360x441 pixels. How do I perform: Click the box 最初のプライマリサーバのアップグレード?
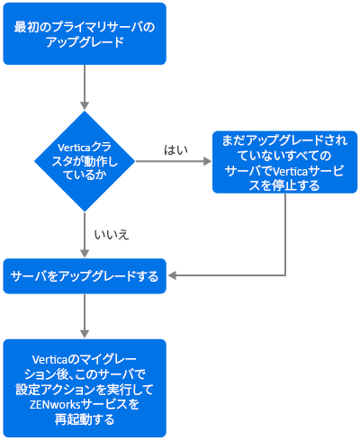(x=85, y=33)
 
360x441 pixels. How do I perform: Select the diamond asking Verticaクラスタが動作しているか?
(x=85, y=161)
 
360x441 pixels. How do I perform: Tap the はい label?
(x=175, y=149)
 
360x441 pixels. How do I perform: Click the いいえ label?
(x=112, y=235)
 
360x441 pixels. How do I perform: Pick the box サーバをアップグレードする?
(x=85, y=276)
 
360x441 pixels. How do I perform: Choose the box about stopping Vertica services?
(x=284, y=162)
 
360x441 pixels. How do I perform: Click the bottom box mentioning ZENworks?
(x=85, y=388)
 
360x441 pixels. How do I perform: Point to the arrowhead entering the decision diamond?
(x=85, y=105)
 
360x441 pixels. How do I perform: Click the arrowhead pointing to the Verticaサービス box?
(x=208, y=161)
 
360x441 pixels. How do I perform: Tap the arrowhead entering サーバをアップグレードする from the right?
(x=172, y=275)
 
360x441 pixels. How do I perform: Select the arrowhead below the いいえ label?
(x=85, y=253)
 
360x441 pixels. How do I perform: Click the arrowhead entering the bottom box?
(x=85, y=334)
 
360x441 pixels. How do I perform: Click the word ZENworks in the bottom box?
(x=55, y=405)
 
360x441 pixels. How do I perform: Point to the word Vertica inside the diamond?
(x=74, y=148)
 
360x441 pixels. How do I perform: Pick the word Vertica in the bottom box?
(x=49, y=359)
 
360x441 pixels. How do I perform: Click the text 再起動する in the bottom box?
(x=85, y=419)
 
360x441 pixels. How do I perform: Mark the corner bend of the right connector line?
(x=285, y=275)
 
